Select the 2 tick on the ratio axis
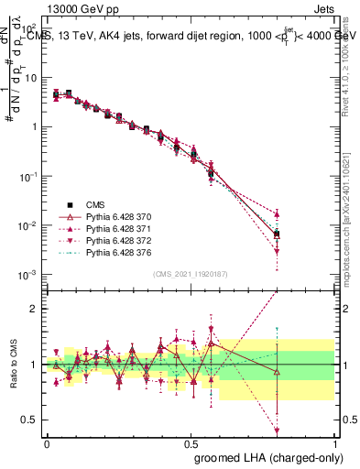point(34,309)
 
